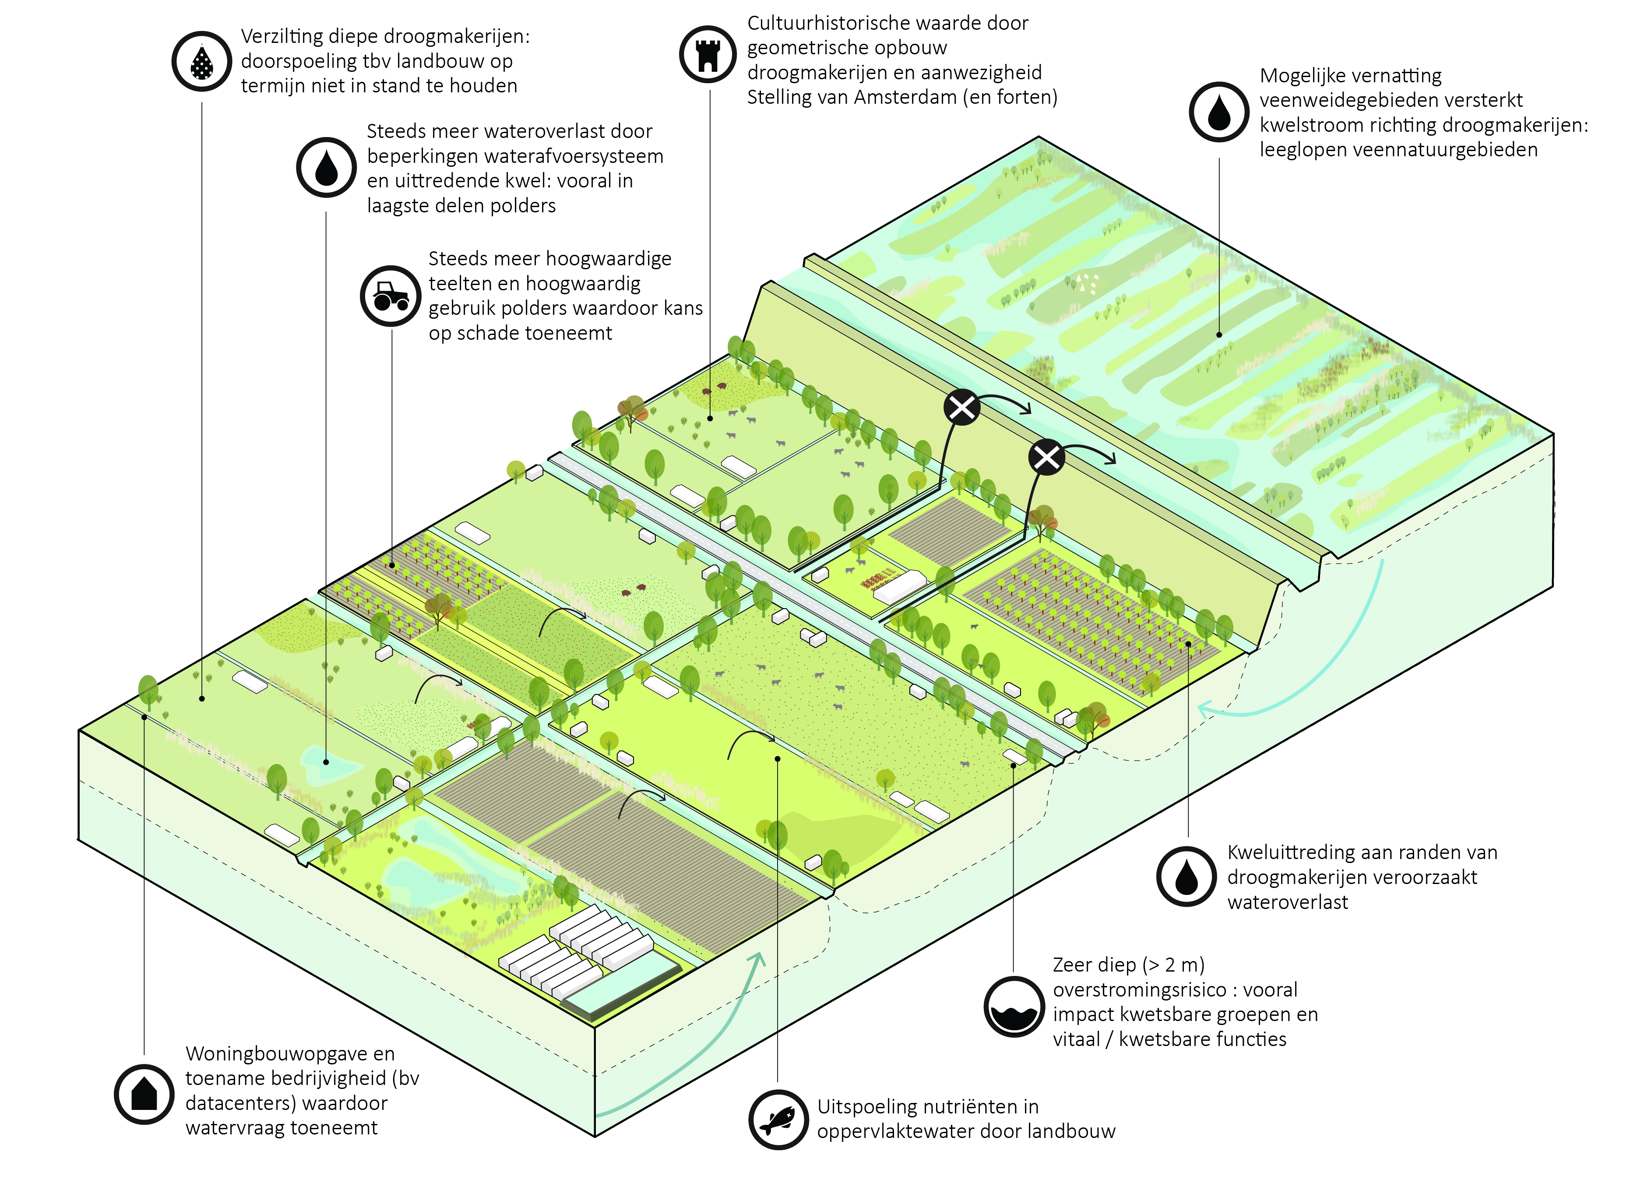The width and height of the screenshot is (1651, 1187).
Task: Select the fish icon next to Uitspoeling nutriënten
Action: tap(778, 1119)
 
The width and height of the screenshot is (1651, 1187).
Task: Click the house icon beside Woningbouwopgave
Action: tap(144, 1094)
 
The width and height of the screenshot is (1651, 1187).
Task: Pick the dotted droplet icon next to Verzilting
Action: tap(202, 61)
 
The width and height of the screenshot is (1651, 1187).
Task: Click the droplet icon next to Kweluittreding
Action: tap(1186, 876)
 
